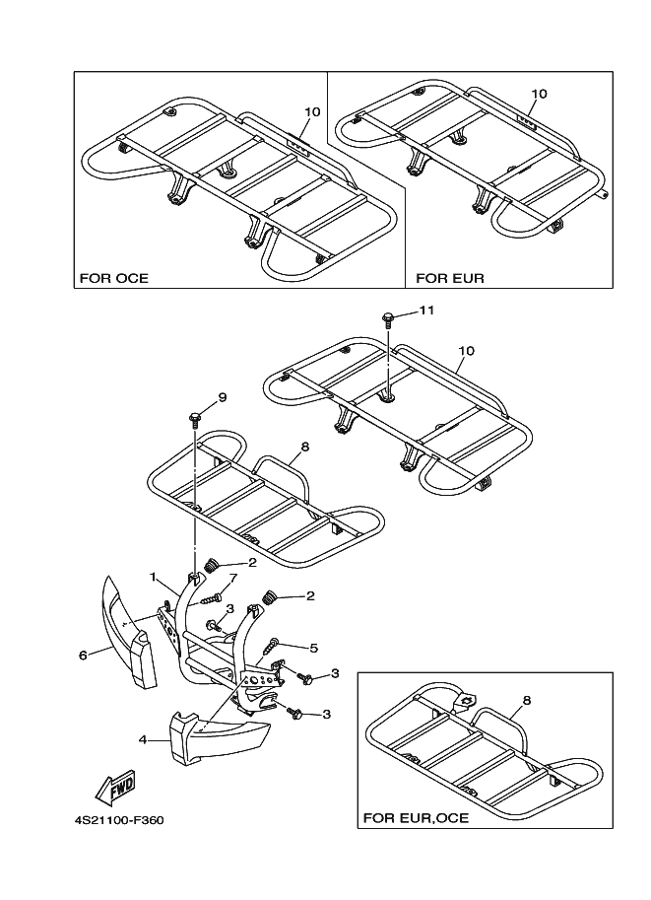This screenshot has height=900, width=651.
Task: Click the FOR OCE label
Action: point(114,278)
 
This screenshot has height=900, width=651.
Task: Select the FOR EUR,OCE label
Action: point(416,817)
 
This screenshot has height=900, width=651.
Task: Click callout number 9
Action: point(222,397)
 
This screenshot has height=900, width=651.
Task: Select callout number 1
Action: point(154,576)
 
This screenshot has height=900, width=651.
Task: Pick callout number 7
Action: point(232,577)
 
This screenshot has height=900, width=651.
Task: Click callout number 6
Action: point(83,654)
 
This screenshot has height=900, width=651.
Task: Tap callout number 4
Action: point(142,738)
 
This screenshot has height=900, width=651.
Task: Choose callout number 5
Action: point(313,648)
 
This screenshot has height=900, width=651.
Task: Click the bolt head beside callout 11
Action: point(389,318)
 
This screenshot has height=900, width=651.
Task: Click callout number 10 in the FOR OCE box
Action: point(312,111)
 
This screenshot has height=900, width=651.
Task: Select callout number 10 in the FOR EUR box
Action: point(538,94)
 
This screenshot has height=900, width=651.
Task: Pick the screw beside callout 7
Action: point(211,596)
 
